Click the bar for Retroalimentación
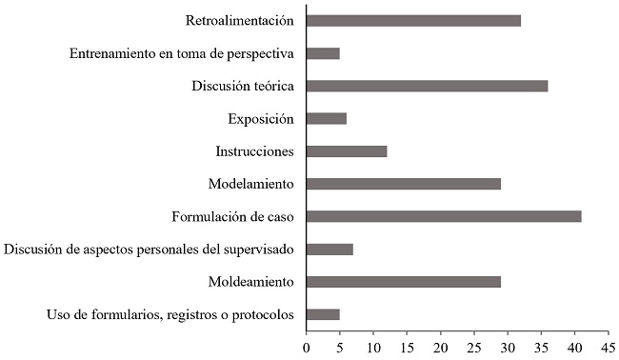pyautogui.click(x=413, y=20)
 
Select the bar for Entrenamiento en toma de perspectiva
pyautogui.click(x=323, y=53)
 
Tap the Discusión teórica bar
pyautogui.click(x=427, y=86)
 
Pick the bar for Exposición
pyautogui.click(x=327, y=118)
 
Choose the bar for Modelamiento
pyautogui.click(x=404, y=184)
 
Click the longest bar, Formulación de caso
pyautogui.click(x=444, y=216)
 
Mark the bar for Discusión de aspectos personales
pyautogui.click(x=329, y=250)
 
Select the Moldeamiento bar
pyautogui.click(x=404, y=282)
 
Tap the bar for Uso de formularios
pyautogui.click(x=323, y=314)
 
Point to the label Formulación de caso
pyautogui.click(x=232, y=217)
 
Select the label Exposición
pyautogui.click(x=261, y=119)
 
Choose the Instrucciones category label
pyautogui.click(x=254, y=151)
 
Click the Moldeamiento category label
pyautogui.click(x=250, y=283)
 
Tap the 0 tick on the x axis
pyautogui.click(x=307, y=348)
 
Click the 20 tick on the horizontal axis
pyautogui.click(x=441, y=348)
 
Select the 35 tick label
pyautogui.click(x=542, y=348)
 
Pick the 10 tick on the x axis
pyautogui.click(x=373, y=348)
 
